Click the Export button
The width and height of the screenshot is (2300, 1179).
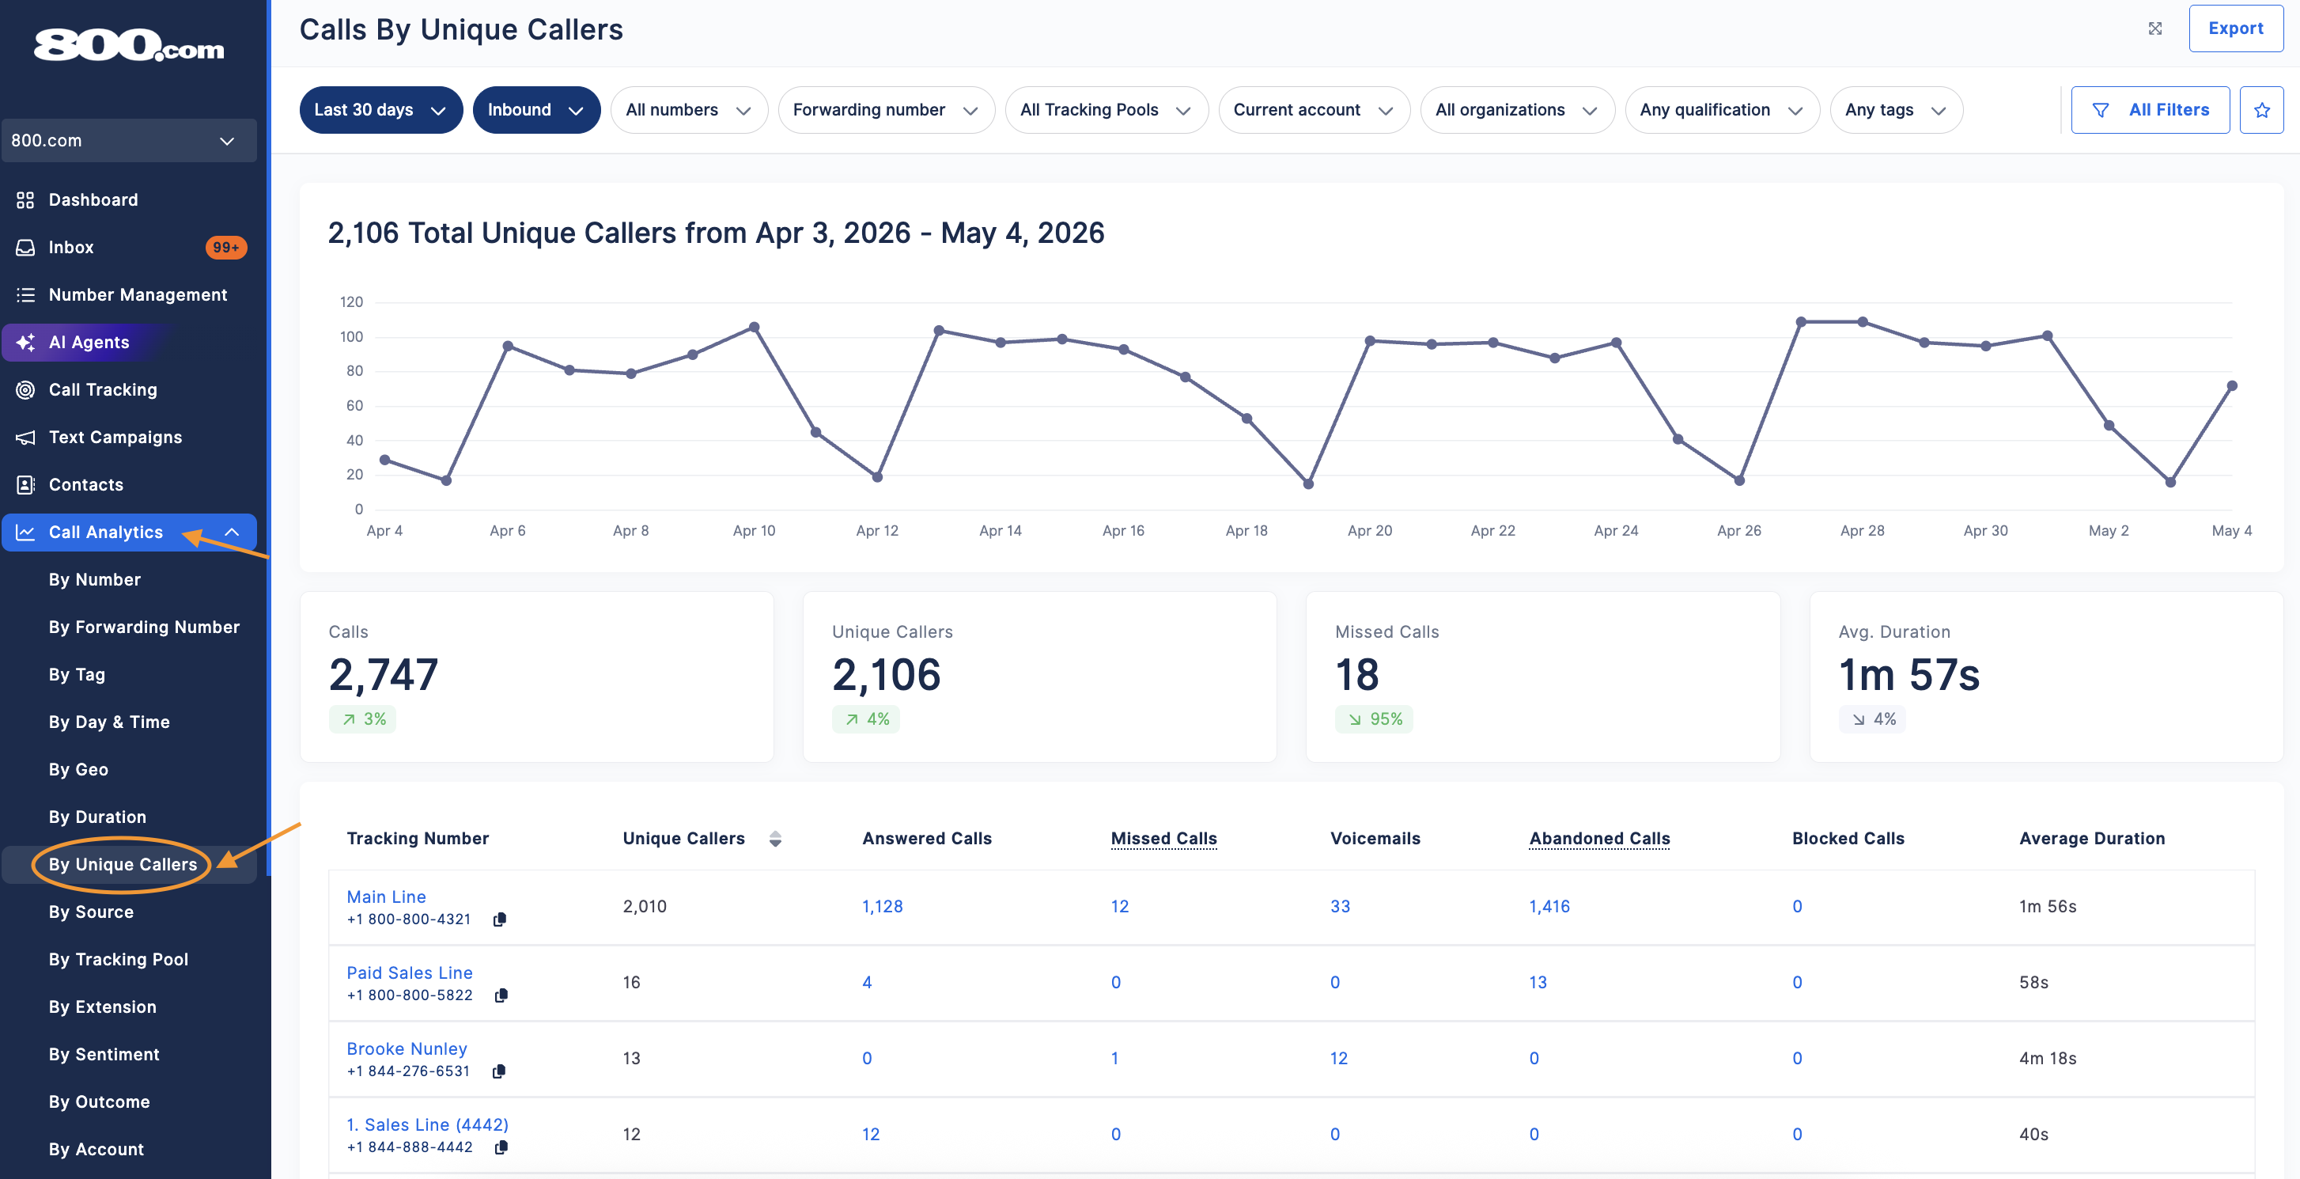(2235, 28)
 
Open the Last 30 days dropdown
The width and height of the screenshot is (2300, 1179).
(380, 110)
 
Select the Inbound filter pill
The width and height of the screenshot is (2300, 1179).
(535, 110)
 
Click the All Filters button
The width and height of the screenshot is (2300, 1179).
(2150, 110)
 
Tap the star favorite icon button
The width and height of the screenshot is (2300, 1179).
(2261, 110)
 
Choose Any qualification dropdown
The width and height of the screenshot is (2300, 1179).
(1721, 110)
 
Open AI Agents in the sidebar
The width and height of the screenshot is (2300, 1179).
(89, 342)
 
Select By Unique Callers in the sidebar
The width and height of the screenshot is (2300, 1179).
(123, 865)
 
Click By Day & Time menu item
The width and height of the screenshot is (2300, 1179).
(109, 722)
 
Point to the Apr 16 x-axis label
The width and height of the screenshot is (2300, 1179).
(1123, 530)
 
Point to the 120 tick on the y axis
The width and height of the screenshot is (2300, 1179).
(351, 302)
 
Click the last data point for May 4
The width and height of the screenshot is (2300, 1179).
(2232, 386)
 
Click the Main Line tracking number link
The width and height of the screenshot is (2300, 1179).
(386, 897)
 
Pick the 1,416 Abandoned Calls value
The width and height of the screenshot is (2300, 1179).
(1549, 907)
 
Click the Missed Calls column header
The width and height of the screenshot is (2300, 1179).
(1163, 838)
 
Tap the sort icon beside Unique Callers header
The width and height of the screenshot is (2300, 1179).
(775, 839)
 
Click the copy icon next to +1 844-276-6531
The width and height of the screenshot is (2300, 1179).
(499, 1071)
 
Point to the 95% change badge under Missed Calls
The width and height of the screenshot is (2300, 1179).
(1374, 719)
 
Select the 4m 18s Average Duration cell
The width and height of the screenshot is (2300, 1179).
(2048, 1059)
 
